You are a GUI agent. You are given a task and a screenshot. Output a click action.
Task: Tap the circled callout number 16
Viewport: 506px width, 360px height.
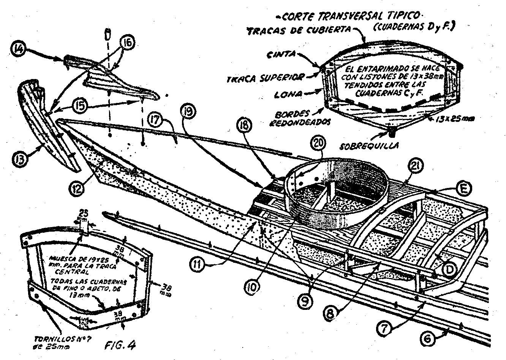pos(127,43)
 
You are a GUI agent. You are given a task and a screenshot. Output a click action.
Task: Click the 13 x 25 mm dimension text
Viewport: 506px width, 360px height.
pos(455,120)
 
